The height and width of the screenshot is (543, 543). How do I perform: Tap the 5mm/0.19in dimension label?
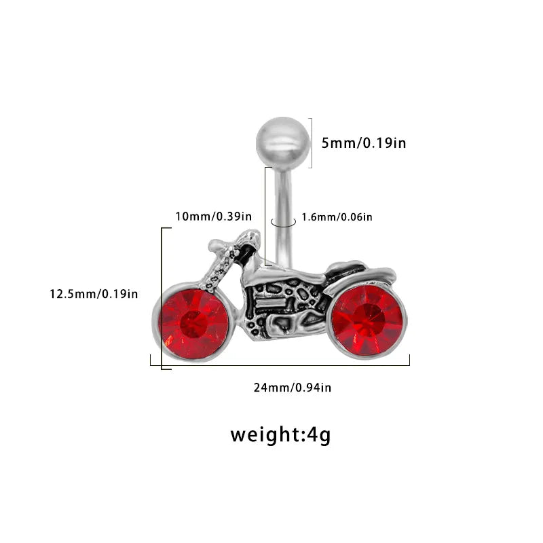click(364, 143)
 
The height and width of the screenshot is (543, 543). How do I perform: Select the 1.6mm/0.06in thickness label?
click(337, 217)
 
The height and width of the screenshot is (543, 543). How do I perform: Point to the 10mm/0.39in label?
click(213, 217)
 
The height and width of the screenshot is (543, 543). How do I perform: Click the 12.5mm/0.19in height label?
click(94, 294)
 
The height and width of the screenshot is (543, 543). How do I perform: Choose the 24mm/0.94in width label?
click(293, 388)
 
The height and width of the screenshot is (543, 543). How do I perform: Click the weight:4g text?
click(280, 435)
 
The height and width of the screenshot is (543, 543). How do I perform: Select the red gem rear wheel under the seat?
click(369, 320)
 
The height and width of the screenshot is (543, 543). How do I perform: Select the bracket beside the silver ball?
click(312, 143)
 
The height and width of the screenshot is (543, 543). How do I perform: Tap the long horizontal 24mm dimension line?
click(280, 365)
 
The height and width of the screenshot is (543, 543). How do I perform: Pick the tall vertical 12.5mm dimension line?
click(162, 299)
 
